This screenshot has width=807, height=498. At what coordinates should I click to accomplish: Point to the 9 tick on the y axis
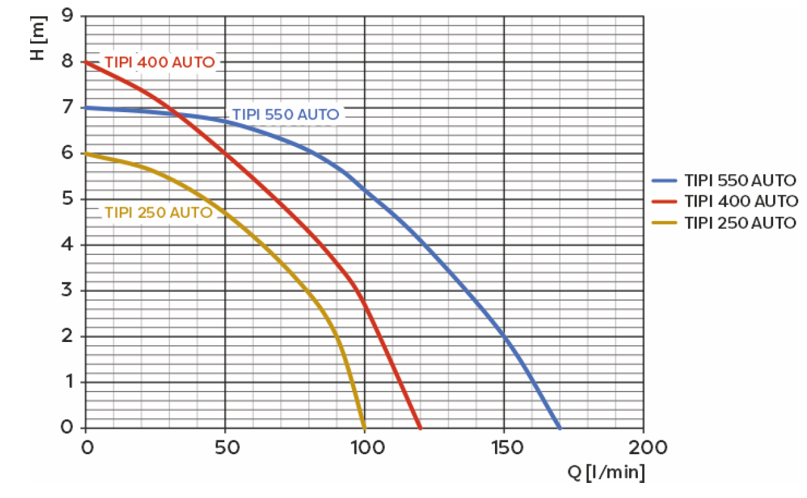coord(67,16)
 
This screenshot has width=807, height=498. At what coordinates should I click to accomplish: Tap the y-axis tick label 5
coord(67,199)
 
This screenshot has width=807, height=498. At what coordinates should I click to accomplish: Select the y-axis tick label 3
coord(67,291)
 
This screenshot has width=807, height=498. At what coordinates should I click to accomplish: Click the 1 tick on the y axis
coord(67,382)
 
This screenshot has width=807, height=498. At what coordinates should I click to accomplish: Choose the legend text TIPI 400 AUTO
coord(741,202)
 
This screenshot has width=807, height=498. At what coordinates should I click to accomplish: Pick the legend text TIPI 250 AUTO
coord(741,222)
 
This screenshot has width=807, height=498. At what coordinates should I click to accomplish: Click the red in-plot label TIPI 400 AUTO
coord(160,63)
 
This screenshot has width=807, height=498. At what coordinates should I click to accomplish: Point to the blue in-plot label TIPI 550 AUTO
coord(286,115)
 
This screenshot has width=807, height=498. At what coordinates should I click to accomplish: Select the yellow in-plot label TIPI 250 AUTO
coord(159,212)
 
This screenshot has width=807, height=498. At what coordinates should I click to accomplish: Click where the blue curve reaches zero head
coord(560,427)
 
